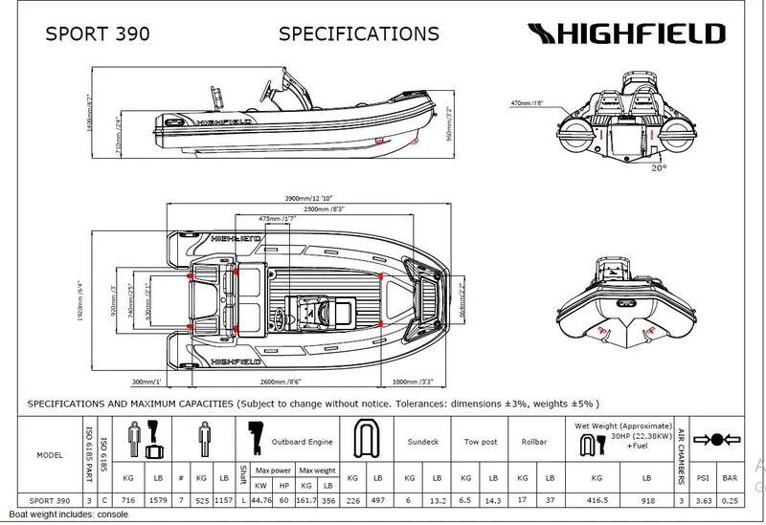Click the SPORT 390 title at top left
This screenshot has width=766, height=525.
(98, 34)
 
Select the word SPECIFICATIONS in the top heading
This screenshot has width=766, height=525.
(358, 34)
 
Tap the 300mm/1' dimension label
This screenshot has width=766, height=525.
(148, 381)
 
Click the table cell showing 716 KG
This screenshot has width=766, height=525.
(127, 498)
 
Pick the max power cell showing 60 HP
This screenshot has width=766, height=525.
(284, 498)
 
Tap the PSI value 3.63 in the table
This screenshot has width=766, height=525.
(705, 498)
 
